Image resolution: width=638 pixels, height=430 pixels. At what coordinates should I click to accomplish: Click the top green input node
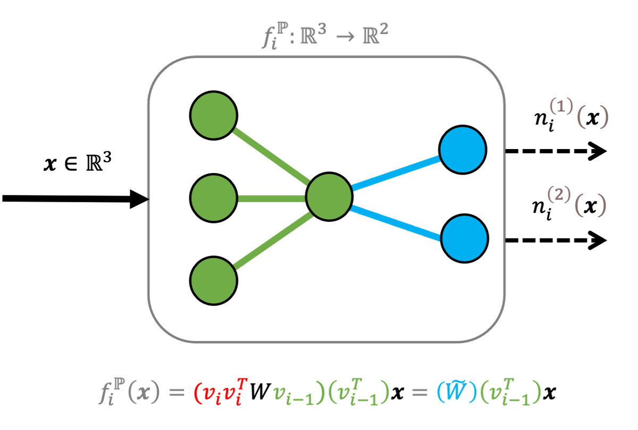pos(214,115)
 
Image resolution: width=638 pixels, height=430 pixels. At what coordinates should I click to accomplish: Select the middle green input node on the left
pos(214,198)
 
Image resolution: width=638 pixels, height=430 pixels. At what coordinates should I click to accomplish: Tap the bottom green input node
pos(214,280)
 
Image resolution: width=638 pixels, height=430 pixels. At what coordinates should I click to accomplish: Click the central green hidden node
pos(329,198)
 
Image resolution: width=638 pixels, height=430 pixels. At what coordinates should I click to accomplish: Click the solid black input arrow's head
pos(139,199)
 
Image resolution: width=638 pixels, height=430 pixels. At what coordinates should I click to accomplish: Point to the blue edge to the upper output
pos(396,173)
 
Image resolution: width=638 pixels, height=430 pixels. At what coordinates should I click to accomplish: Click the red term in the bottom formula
pos(217,394)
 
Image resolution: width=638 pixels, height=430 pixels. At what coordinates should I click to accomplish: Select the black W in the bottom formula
pos(257,394)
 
